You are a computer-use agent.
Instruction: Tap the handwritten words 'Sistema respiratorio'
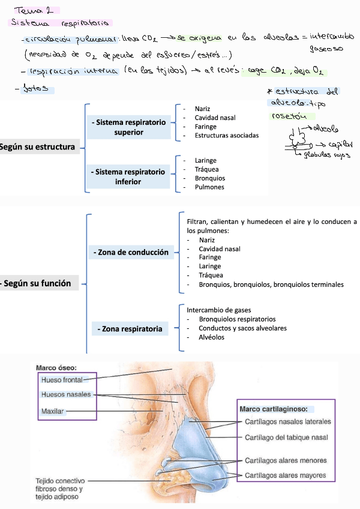tap(61, 23)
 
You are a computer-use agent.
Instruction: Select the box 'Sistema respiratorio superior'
tap(129, 127)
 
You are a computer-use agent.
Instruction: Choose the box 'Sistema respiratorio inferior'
tap(128, 176)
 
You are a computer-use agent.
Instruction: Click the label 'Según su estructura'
tap(38, 147)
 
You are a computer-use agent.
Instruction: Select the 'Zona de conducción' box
tap(131, 253)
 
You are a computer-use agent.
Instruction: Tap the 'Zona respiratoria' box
tap(131, 329)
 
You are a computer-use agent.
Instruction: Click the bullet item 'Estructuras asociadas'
tap(227, 136)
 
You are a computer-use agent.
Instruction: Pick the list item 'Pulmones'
tap(209, 187)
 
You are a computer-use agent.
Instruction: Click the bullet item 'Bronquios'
tap(210, 178)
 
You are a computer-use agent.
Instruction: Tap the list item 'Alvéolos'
tap(211, 337)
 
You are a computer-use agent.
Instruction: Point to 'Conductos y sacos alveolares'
tap(242, 328)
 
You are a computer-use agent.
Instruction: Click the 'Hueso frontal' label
tap(62, 380)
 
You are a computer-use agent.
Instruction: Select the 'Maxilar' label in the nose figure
tap(53, 411)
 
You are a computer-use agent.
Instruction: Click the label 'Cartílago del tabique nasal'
tap(286, 438)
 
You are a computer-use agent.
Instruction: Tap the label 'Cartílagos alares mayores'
tap(285, 476)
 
